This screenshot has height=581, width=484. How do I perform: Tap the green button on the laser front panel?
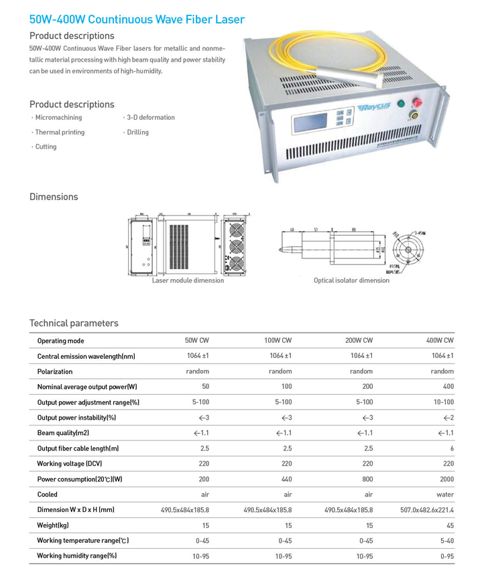click(402, 104)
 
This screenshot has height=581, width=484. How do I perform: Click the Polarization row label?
click(55, 371)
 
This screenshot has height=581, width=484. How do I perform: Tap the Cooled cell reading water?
click(444, 495)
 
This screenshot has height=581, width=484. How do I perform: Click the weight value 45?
click(449, 525)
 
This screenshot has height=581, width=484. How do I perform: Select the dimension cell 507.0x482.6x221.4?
click(427, 510)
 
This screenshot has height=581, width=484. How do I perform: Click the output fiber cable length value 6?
click(452, 448)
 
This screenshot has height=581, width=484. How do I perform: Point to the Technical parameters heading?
click(74, 323)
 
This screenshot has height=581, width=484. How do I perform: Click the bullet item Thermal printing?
click(60, 133)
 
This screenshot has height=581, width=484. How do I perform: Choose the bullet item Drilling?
click(137, 133)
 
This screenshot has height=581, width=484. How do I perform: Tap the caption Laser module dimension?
click(188, 280)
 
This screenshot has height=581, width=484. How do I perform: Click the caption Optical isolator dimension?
click(351, 280)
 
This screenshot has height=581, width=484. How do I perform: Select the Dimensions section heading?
click(54, 197)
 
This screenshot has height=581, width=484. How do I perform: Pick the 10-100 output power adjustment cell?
click(443, 402)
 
